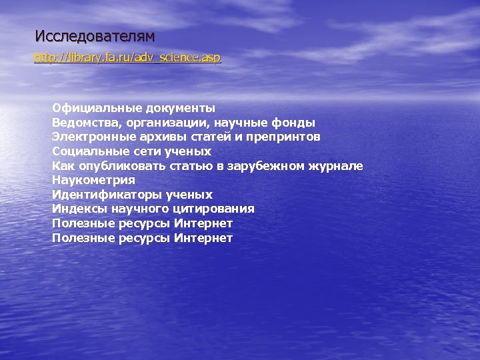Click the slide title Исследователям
tap(95, 35)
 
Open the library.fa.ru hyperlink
tap(127, 58)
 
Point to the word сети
tap(138, 151)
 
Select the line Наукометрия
tap(93, 180)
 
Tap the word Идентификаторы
tap(100, 195)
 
